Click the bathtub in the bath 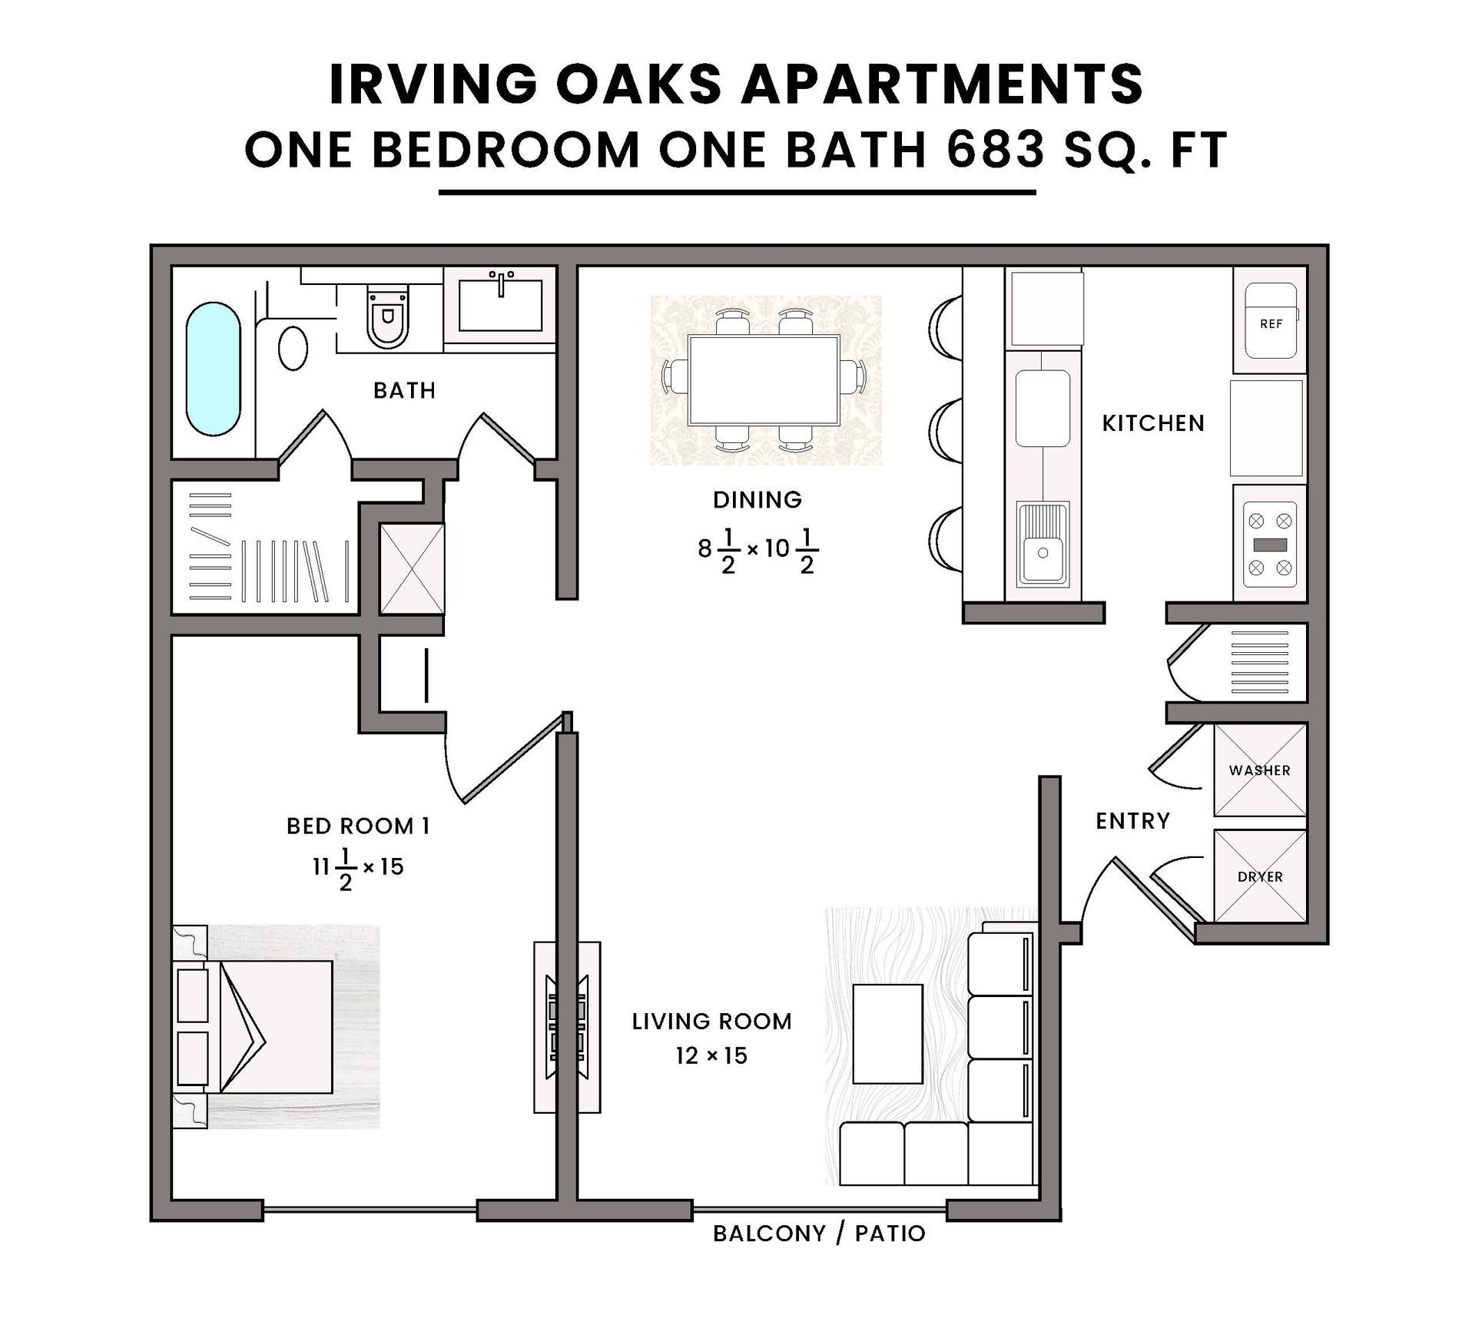pyautogui.click(x=213, y=369)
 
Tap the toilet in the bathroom pyautogui.click(x=388, y=316)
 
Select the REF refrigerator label pyautogui.click(x=1271, y=324)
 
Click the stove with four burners pyautogui.click(x=1270, y=545)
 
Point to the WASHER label pyautogui.click(x=1260, y=770)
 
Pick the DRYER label pyautogui.click(x=1261, y=876)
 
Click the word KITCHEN pyautogui.click(x=1153, y=423)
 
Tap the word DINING pyautogui.click(x=757, y=500)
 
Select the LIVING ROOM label pyautogui.click(x=712, y=1022)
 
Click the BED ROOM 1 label pyautogui.click(x=358, y=826)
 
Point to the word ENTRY pyautogui.click(x=1133, y=821)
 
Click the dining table pyautogui.click(x=764, y=380)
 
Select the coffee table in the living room pyautogui.click(x=887, y=1034)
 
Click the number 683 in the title pyautogui.click(x=995, y=149)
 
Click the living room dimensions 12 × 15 pyautogui.click(x=711, y=1055)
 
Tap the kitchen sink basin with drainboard pyautogui.click(x=1042, y=542)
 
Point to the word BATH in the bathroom pyautogui.click(x=405, y=391)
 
